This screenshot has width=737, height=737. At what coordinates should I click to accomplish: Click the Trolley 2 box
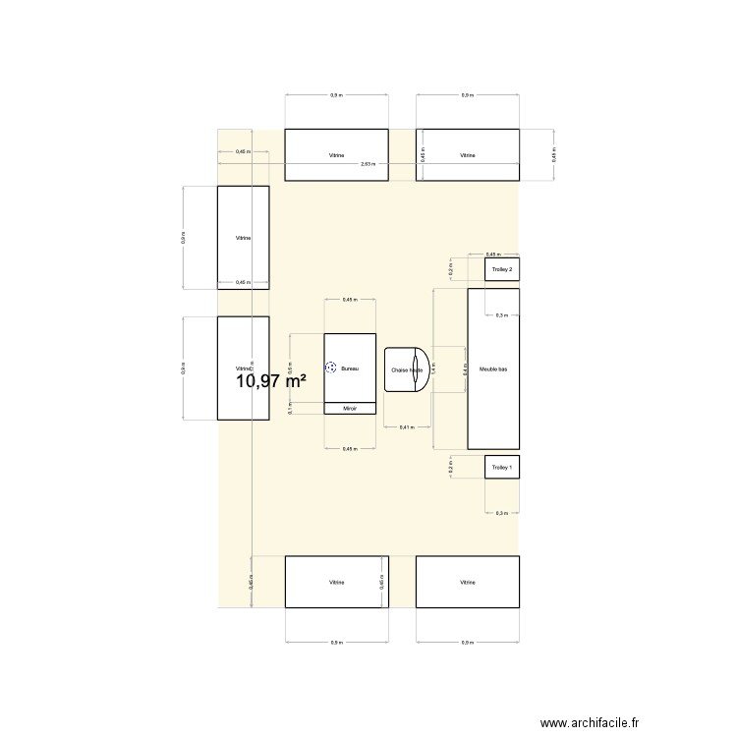coord(501,269)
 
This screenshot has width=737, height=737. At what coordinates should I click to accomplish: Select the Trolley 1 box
coord(501,468)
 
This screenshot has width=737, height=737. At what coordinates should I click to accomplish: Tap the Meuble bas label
coord(493,369)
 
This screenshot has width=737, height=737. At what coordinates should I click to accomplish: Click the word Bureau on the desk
coord(350,368)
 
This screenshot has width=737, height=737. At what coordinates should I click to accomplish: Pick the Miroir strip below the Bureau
coord(350,408)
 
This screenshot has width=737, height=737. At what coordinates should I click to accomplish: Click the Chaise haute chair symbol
coord(407,369)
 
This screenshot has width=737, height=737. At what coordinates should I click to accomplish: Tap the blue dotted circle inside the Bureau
coord(331,368)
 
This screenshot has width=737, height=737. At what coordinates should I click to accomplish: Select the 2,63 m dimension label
coord(368,164)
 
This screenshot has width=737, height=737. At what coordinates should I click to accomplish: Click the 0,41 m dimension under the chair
coord(406,427)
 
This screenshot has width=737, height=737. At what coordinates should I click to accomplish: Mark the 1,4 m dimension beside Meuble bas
coord(432,369)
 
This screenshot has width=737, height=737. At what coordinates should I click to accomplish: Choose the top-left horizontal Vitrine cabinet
coord(336,155)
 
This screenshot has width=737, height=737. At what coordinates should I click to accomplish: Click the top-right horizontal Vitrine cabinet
coord(468,155)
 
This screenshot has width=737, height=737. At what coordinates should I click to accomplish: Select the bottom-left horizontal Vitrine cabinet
coord(336,582)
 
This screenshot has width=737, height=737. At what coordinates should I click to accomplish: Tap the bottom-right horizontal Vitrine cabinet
coord(468,582)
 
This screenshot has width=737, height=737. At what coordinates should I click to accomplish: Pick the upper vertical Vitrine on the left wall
coord(243,238)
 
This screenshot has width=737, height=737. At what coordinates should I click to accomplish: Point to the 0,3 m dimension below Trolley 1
coord(501,513)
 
